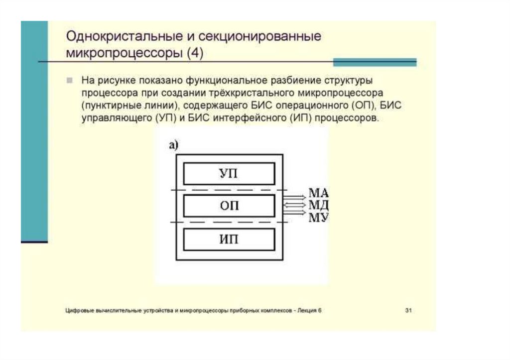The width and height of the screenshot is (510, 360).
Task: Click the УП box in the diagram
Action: (x=229, y=174)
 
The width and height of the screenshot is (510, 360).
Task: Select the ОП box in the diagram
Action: (x=229, y=206)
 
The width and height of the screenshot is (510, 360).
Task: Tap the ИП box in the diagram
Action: (x=229, y=239)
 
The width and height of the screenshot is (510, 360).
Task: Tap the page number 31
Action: (x=408, y=310)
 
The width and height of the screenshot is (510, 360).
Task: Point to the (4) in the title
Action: (x=195, y=53)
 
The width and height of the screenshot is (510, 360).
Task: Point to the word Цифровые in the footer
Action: (x=78, y=310)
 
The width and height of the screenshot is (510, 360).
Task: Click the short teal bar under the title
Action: (x=374, y=62)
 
